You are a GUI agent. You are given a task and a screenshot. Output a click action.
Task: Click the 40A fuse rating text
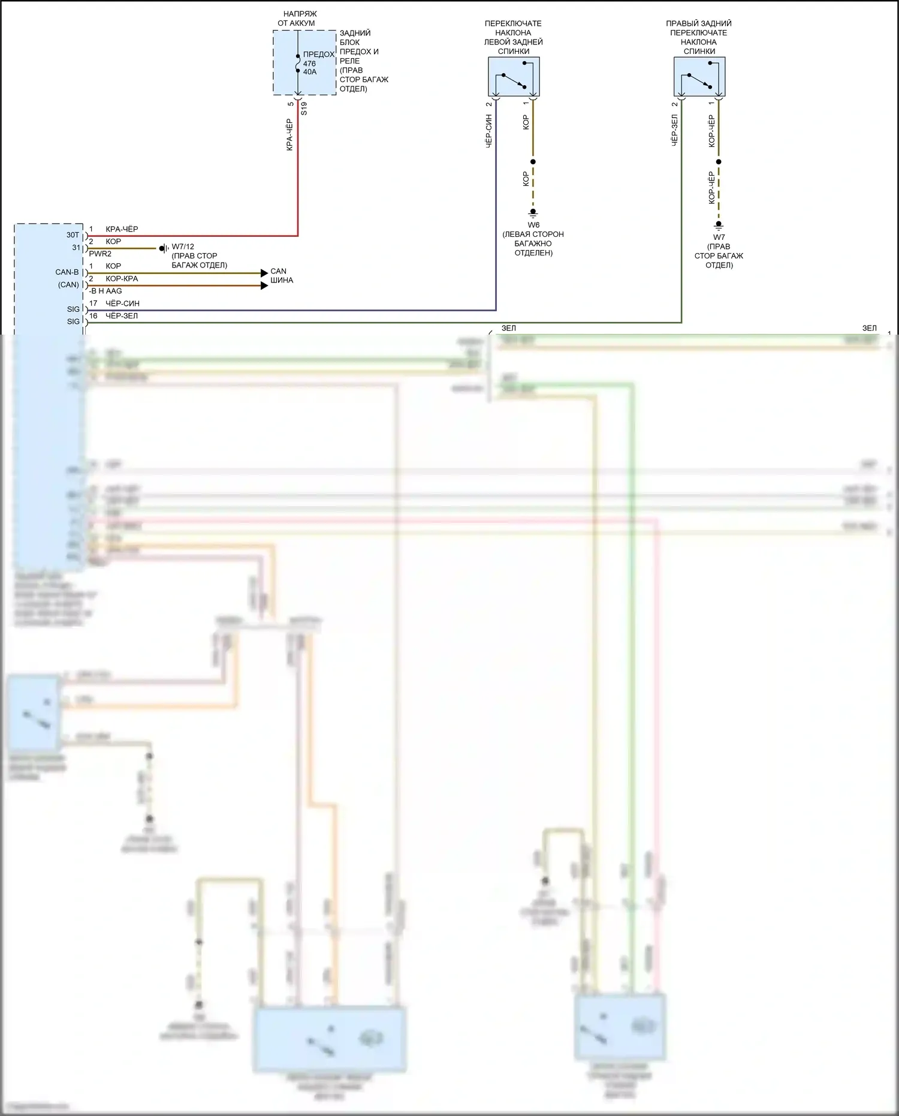(310, 72)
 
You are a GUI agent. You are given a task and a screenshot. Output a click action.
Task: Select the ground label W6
(533, 225)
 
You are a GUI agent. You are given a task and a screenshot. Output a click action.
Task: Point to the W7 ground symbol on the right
(719, 226)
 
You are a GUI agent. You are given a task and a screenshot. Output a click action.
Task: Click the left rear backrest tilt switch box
(514, 77)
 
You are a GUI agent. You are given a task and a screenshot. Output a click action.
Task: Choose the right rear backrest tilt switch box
(699, 77)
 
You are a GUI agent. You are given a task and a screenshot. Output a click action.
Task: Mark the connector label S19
(304, 109)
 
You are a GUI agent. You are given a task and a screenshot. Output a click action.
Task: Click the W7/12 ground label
(183, 246)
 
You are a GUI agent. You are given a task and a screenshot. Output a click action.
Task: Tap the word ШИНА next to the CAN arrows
(282, 280)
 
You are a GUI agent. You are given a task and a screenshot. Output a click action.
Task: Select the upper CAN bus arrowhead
(264, 273)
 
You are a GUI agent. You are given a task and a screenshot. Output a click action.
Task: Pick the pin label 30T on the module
(73, 235)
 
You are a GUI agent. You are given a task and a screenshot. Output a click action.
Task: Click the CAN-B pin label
(67, 272)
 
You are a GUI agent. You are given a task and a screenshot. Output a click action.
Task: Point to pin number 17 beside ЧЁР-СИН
(93, 303)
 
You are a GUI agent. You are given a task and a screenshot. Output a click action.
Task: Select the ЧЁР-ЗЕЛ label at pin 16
(122, 316)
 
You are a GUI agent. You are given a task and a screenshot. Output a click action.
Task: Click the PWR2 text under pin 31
(100, 254)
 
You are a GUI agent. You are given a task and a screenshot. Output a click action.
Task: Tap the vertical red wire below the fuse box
(297, 174)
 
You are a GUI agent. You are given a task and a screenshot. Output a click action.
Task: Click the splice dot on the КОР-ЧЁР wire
(719, 162)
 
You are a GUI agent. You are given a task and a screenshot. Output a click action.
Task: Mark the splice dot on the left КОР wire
(533, 162)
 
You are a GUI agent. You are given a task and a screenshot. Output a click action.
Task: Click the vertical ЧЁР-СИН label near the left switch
(489, 131)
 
